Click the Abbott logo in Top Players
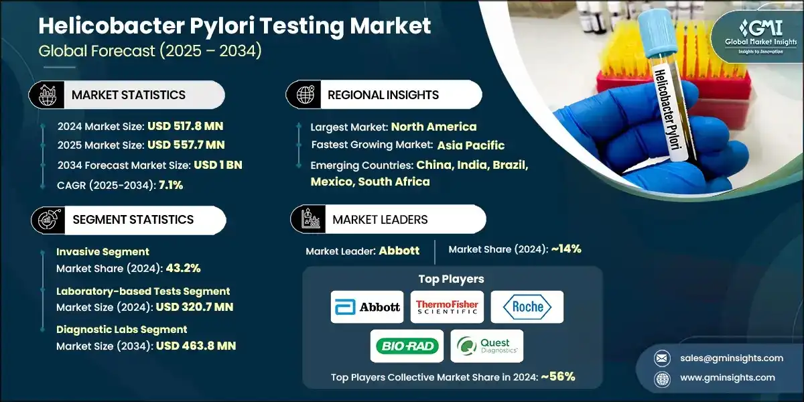click(x=367, y=307)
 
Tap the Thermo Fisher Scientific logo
click(x=447, y=307)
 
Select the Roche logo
click(x=527, y=307)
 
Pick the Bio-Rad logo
click(x=407, y=346)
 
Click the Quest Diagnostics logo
click(x=486, y=346)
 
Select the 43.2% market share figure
click(x=177, y=268)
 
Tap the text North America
click(x=433, y=127)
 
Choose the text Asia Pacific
click(x=471, y=145)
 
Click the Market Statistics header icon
click(x=46, y=95)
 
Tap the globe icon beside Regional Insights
click(x=304, y=95)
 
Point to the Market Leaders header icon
click(x=309, y=219)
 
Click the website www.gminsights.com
click(x=727, y=377)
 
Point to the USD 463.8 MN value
click(x=196, y=346)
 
